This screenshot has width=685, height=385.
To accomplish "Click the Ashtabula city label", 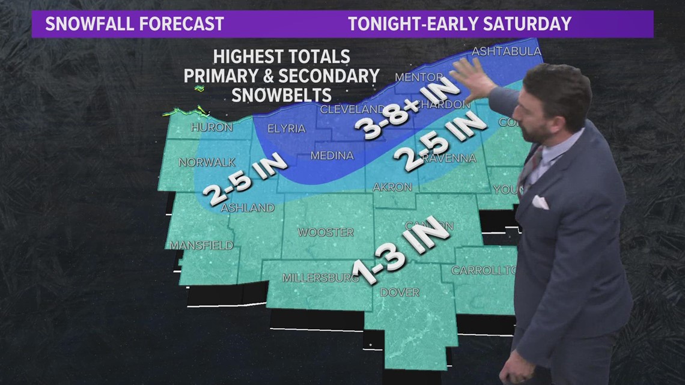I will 507,51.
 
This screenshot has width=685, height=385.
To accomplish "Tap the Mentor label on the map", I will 419,77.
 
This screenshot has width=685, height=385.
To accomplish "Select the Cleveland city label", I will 352,109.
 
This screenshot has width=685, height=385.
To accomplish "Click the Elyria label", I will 286,129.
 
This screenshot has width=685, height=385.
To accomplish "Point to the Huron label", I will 212,127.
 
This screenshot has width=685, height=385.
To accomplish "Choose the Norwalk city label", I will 207,162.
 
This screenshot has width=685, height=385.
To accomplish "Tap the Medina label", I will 332,156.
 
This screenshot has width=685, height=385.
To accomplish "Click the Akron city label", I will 392,187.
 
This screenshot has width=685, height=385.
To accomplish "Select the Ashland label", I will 248,208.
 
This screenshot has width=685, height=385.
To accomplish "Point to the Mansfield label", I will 201,245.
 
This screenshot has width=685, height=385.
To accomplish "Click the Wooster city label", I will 326,232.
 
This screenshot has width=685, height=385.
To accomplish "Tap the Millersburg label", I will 320,277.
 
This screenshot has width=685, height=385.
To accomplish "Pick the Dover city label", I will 400,292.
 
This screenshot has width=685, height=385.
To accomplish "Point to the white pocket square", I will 540,202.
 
